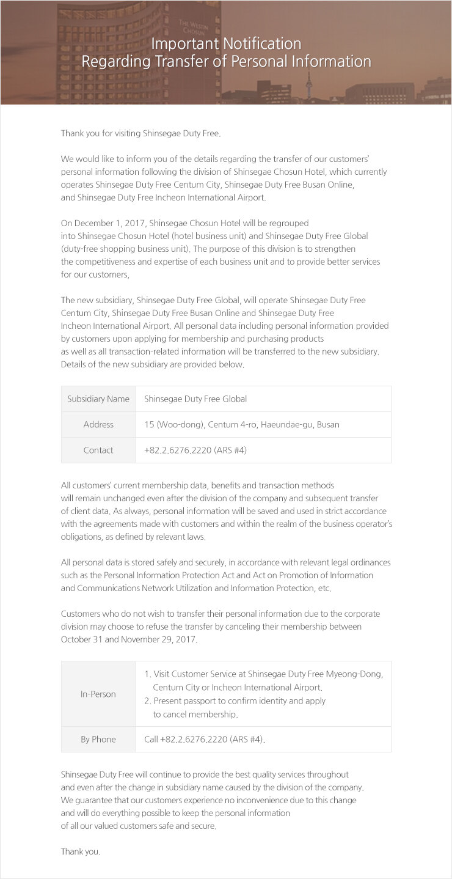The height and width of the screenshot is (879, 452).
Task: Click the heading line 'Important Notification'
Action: (226, 43)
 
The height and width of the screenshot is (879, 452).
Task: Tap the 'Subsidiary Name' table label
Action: (98, 399)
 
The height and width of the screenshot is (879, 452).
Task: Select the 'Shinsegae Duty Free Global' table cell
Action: (195, 399)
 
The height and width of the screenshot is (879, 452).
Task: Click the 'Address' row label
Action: (98, 424)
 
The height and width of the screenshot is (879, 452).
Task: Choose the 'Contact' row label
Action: (98, 450)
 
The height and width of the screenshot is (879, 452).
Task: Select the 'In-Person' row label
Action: (98, 694)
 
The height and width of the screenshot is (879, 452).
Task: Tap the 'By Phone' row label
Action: (98, 739)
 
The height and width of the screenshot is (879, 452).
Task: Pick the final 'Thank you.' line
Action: (81, 851)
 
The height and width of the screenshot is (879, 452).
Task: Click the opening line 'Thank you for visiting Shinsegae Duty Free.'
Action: (140, 133)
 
